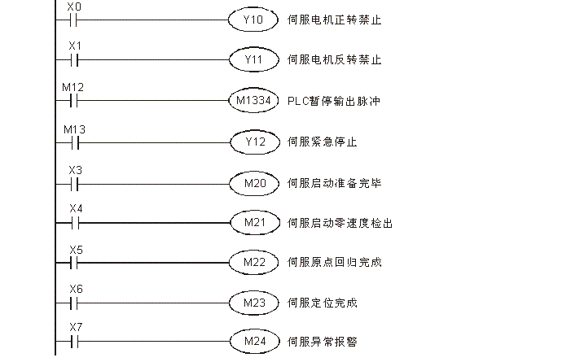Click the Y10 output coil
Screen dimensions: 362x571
[253, 20]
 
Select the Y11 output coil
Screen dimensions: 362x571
[253, 60]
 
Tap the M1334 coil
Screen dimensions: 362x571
[253, 102]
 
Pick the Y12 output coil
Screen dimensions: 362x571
[253, 142]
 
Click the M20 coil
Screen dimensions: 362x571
[253, 183]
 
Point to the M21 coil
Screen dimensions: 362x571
[253, 222]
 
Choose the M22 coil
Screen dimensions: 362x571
[253, 262]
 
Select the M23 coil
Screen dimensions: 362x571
[253, 303]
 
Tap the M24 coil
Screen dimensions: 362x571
[253, 341]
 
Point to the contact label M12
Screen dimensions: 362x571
[73, 87]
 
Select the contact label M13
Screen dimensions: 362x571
[73, 129]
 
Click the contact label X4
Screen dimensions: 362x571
[75, 208]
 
